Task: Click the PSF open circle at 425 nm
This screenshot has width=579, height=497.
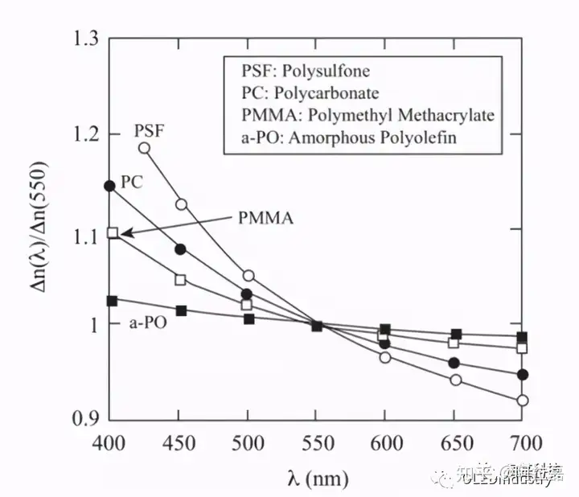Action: pyautogui.click(x=145, y=148)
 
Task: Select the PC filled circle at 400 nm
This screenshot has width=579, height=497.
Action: pyautogui.click(x=110, y=186)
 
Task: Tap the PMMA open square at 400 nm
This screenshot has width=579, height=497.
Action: pyautogui.click(x=113, y=232)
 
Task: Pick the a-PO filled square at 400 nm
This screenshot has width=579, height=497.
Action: pyautogui.click(x=112, y=301)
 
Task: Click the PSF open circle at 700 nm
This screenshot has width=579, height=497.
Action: pyautogui.click(x=523, y=400)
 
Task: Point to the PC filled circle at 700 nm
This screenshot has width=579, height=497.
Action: pyautogui.click(x=523, y=375)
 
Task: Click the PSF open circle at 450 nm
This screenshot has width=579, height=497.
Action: pyautogui.click(x=181, y=204)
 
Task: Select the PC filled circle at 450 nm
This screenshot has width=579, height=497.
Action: pyautogui.click(x=181, y=249)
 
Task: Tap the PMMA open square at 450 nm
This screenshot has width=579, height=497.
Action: pyautogui.click(x=181, y=280)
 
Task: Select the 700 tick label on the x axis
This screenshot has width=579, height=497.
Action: pyautogui.click(x=523, y=445)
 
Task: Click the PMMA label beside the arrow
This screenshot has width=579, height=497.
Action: pyautogui.click(x=265, y=217)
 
